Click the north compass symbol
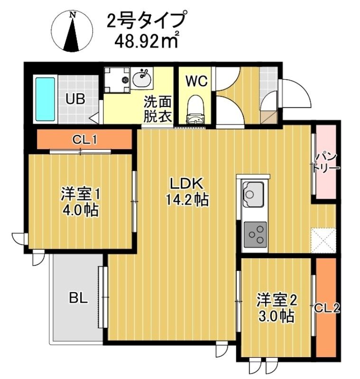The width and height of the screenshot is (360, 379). point(73,31)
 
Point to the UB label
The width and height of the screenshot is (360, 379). point(75,99)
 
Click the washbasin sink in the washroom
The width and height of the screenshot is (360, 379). point(142,78)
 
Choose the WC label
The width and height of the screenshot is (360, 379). point(196,81)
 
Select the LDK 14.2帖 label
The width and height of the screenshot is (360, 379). point(187,192)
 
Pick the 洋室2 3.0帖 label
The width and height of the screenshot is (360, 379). point(276,308)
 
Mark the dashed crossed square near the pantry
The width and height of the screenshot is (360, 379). point(324,240)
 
